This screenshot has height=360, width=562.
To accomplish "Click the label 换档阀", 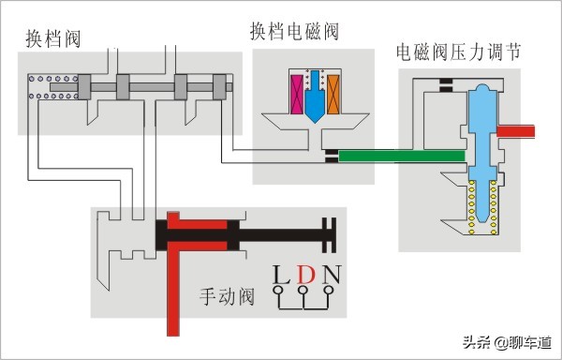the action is click(x=53, y=38).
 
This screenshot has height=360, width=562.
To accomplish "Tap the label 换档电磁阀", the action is click(x=294, y=31).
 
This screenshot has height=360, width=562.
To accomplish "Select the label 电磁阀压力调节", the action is click(x=458, y=52).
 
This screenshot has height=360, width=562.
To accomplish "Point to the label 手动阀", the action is click(x=227, y=296).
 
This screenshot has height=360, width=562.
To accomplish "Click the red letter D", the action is click(x=305, y=275).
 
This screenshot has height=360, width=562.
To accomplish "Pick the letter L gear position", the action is click(x=281, y=275).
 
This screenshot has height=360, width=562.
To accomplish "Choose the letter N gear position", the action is click(x=332, y=275).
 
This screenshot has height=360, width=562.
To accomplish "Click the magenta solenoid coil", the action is click(x=297, y=95).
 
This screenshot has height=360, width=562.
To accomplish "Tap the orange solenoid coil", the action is click(x=333, y=95).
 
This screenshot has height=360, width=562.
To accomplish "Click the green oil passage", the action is click(x=402, y=156).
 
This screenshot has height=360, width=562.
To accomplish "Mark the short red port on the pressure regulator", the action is click(x=516, y=131).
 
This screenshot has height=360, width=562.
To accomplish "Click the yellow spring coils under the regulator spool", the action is click(x=482, y=207).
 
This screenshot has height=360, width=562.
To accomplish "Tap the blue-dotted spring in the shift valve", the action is click(x=53, y=87).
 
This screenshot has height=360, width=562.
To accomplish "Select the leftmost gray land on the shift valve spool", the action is click(x=84, y=87).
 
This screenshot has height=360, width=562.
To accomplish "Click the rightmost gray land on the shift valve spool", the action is click(x=220, y=87).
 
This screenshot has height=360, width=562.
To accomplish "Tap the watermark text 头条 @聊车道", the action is click(x=507, y=342).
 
